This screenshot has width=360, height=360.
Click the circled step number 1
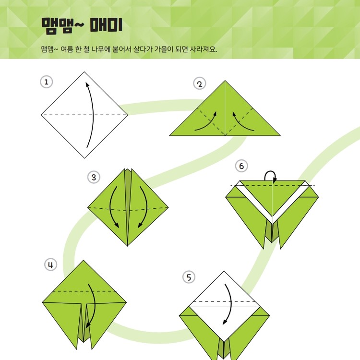coord(47,82)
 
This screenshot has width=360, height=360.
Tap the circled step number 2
coord(200,84)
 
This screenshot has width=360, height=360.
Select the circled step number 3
coord(94,177)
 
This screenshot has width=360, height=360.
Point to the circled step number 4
coord(50,264)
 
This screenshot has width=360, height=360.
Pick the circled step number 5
coord(189,277)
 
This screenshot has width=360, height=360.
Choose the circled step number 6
coord(241,166)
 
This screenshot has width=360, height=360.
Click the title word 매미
coord(106,25)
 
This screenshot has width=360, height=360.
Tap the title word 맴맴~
coord(63,25)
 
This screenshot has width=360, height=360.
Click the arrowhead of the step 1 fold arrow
coord(87,84)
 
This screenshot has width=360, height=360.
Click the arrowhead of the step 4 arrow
coord(87,325)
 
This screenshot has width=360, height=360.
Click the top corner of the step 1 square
coord(84,72)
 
